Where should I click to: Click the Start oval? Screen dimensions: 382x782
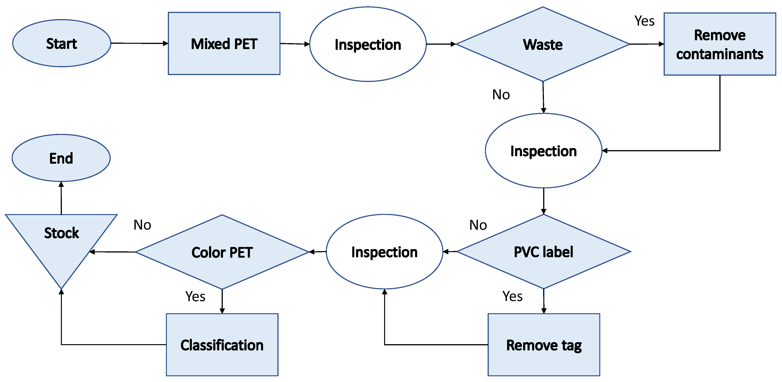click(x=62, y=43)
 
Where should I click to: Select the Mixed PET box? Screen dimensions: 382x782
click(x=224, y=43)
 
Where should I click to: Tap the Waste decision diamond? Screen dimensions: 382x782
click(x=543, y=44)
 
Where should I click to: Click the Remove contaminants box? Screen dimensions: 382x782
click(x=719, y=44)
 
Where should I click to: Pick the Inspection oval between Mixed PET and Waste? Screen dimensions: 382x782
click(x=368, y=44)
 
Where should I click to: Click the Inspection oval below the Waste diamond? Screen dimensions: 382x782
click(x=543, y=151)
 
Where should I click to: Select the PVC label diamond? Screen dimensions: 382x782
click(x=543, y=252)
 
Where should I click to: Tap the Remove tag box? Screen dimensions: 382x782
click(x=544, y=345)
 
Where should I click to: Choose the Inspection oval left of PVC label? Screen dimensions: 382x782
click(x=384, y=252)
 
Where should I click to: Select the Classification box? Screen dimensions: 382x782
click(x=222, y=345)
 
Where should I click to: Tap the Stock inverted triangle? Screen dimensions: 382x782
click(x=61, y=240)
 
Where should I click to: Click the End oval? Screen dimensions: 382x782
click(x=61, y=158)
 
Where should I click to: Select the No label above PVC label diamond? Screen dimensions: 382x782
click(x=478, y=225)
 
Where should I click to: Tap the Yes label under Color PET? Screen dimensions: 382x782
click(x=195, y=296)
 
